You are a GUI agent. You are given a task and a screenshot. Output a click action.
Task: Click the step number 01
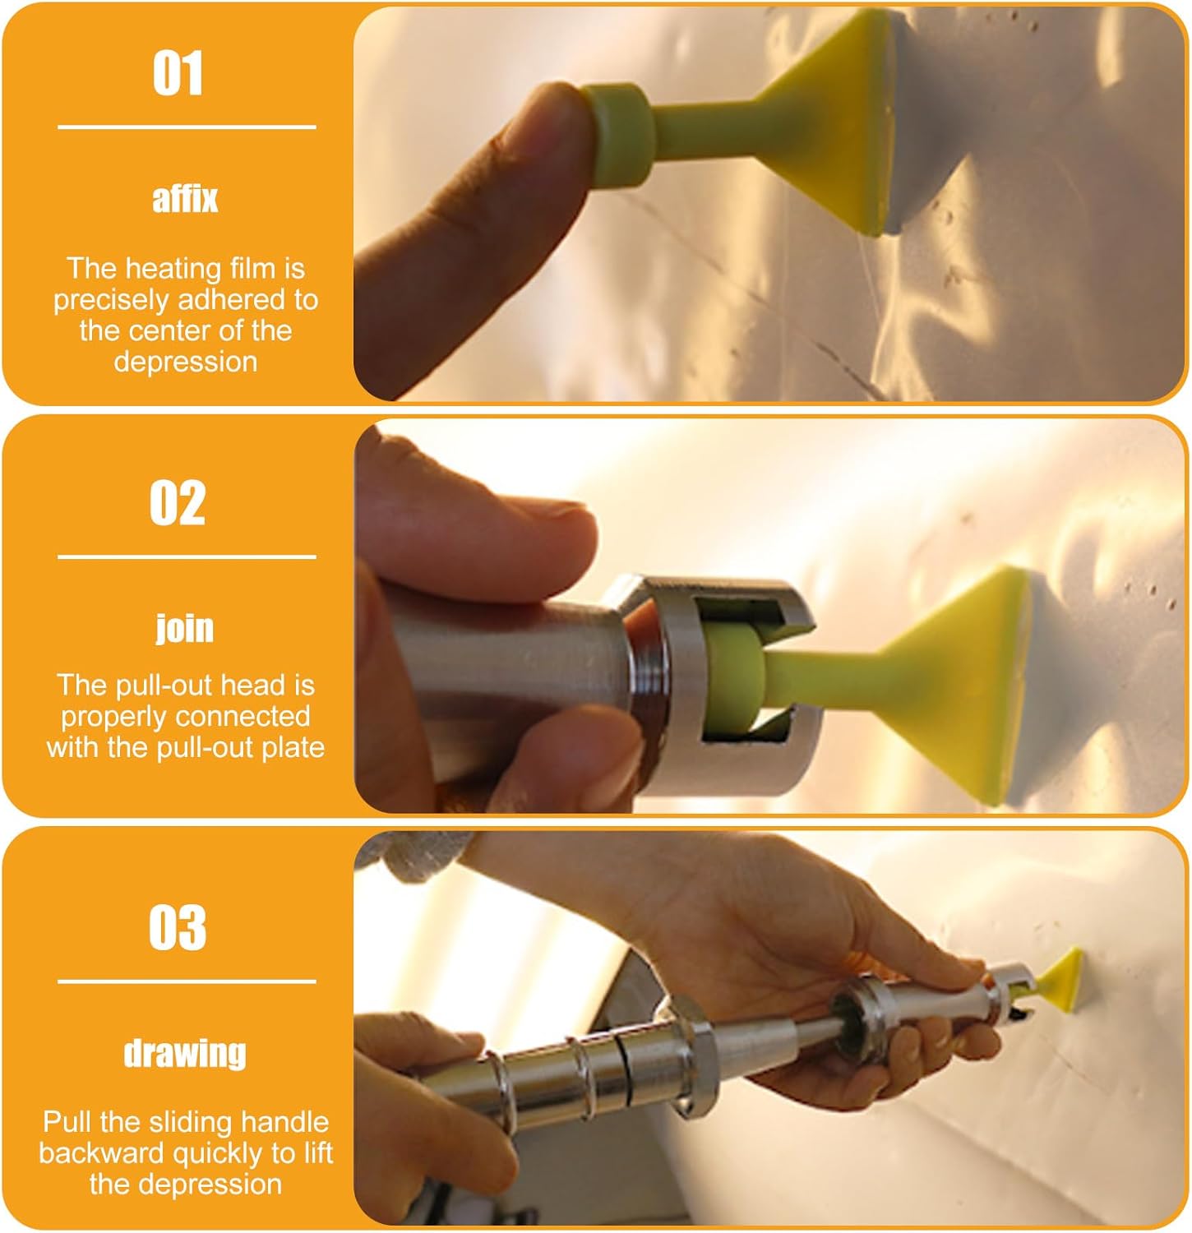(x=178, y=74)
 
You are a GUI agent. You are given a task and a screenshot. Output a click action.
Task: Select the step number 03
(x=178, y=927)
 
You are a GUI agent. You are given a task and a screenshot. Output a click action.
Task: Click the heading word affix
(x=185, y=199)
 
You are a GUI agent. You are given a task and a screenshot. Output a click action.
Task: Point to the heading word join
(x=185, y=629)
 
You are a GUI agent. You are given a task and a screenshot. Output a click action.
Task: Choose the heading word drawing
(x=185, y=1053)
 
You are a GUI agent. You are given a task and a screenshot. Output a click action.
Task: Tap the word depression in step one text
(x=185, y=362)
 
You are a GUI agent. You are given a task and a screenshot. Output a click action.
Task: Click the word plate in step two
(x=293, y=747)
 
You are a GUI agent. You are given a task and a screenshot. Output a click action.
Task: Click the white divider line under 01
(x=187, y=127)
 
